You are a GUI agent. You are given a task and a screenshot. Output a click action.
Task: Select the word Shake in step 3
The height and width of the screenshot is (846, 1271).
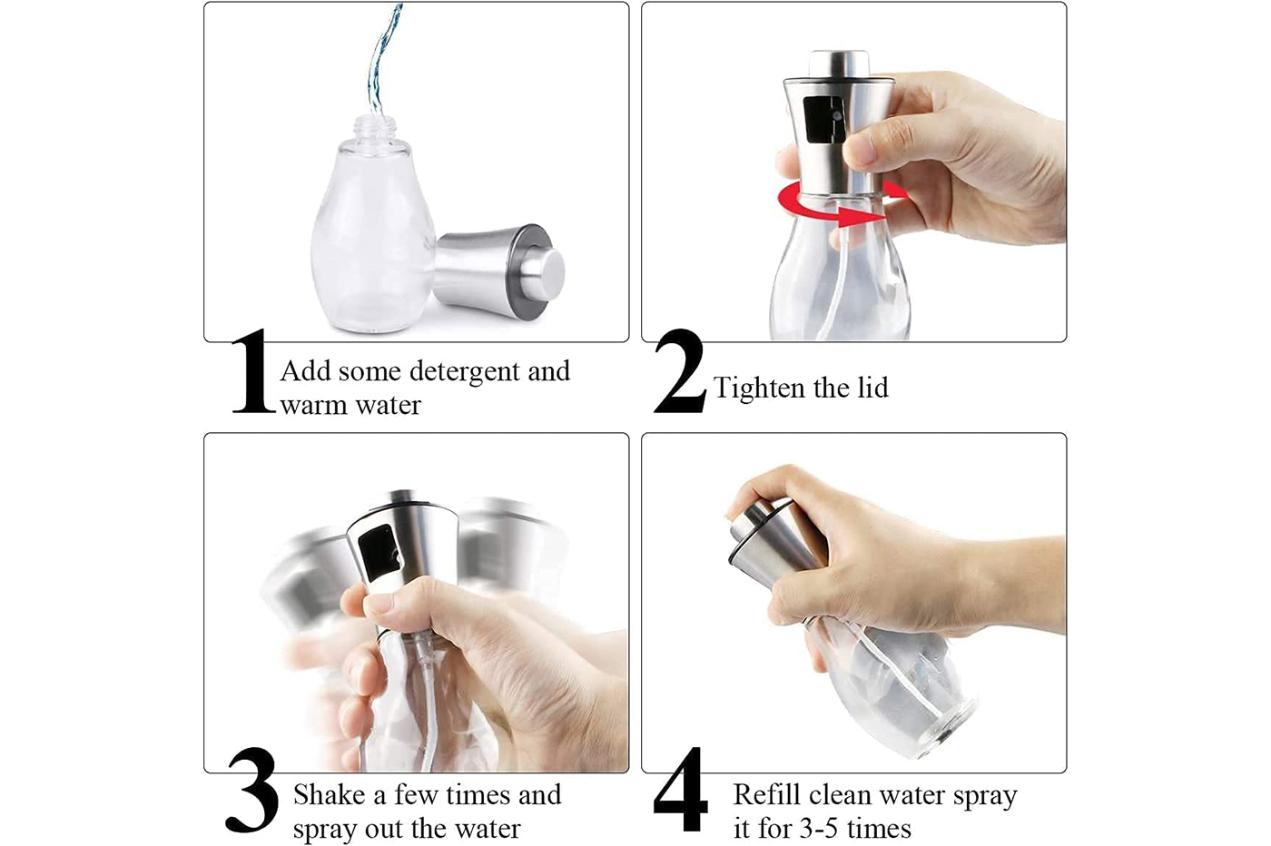(x=329, y=794)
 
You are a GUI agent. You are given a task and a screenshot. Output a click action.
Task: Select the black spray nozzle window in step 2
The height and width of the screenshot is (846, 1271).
(x=823, y=120)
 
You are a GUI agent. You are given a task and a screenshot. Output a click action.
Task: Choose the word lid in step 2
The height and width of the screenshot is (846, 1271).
(x=873, y=389)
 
